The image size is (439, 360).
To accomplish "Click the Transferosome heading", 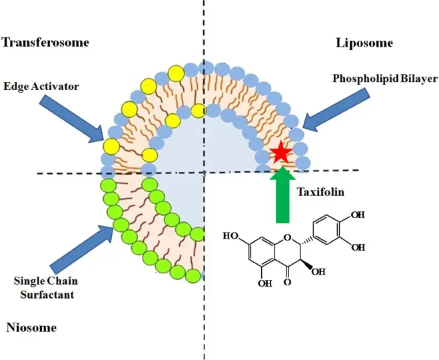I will point(45,43).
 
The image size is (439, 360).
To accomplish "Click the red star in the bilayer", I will point(281,154).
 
